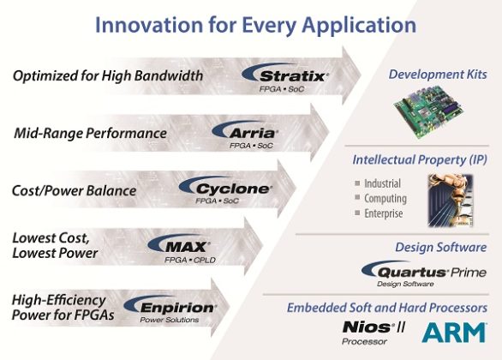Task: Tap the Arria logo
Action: [x=243, y=135]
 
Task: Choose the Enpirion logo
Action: [x=170, y=306]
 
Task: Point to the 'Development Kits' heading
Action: [x=437, y=75]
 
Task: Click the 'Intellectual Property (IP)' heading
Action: [x=420, y=159]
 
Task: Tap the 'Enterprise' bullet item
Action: [x=385, y=213]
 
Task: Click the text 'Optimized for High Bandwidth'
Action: [x=108, y=77]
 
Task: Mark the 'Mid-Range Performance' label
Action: [x=90, y=134]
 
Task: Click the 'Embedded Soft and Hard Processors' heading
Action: [x=395, y=307]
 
